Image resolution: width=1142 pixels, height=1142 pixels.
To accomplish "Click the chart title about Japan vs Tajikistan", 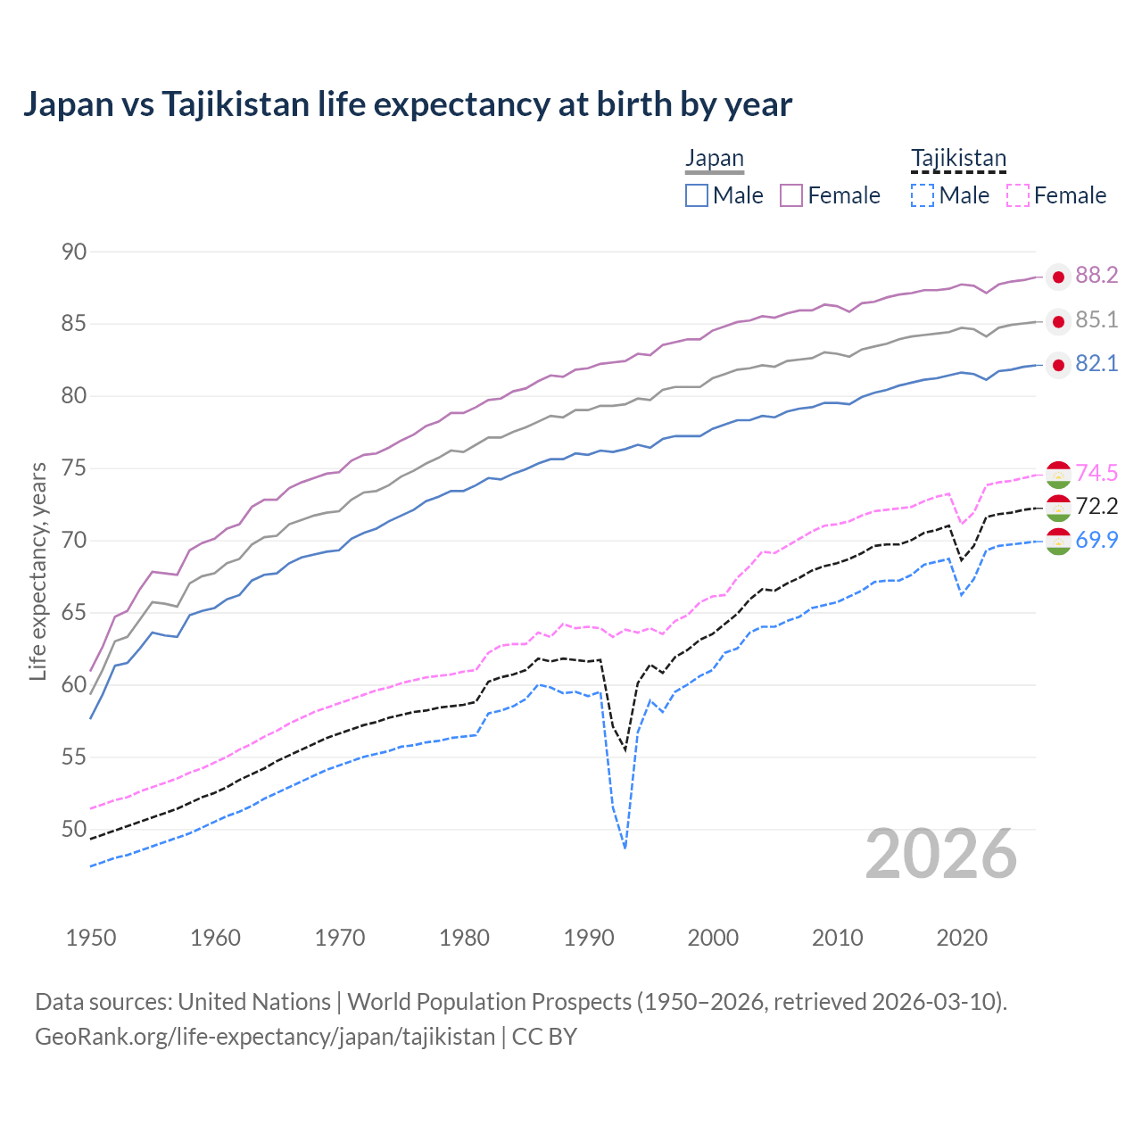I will [x=407, y=104].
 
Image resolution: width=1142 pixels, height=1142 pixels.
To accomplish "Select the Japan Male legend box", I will [x=697, y=195].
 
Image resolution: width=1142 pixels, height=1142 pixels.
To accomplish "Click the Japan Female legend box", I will [x=791, y=195].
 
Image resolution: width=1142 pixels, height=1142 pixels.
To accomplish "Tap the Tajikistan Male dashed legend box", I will [x=923, y=195].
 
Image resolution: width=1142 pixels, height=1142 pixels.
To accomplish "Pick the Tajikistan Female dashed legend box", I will [x=1017, y=195].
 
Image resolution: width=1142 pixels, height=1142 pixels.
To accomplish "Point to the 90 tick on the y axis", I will [x=74, y=252].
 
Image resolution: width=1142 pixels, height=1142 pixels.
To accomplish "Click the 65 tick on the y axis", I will [x=74, y=613].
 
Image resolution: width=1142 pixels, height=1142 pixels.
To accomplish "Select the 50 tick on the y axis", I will [x=74, y=830].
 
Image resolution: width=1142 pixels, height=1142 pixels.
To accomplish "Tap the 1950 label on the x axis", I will [x=91, y=938].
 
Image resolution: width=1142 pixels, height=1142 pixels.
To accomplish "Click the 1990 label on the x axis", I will [x=589, y=938].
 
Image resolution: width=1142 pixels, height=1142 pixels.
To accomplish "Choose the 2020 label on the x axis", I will [x=962, y=938].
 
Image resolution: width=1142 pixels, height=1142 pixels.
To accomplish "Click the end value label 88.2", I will [x=1096, y=276].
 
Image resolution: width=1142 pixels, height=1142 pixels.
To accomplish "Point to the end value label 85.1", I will [x=1096, y=320].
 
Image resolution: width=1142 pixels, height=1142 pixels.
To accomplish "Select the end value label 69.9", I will [x=1096, y=540].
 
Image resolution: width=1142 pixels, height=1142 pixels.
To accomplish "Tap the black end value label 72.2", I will [x=1096, y=507].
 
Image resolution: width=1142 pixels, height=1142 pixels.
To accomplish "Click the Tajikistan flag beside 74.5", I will [x=1058, y=474].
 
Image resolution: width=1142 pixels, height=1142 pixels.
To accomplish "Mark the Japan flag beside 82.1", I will [x=1058, y=365].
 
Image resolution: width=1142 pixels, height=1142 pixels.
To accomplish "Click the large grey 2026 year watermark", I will [x=941, y=854].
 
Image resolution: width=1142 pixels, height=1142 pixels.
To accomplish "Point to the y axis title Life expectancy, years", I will [x=37, y=571].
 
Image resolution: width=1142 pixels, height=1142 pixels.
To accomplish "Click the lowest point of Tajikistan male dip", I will [x=625, y=848].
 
